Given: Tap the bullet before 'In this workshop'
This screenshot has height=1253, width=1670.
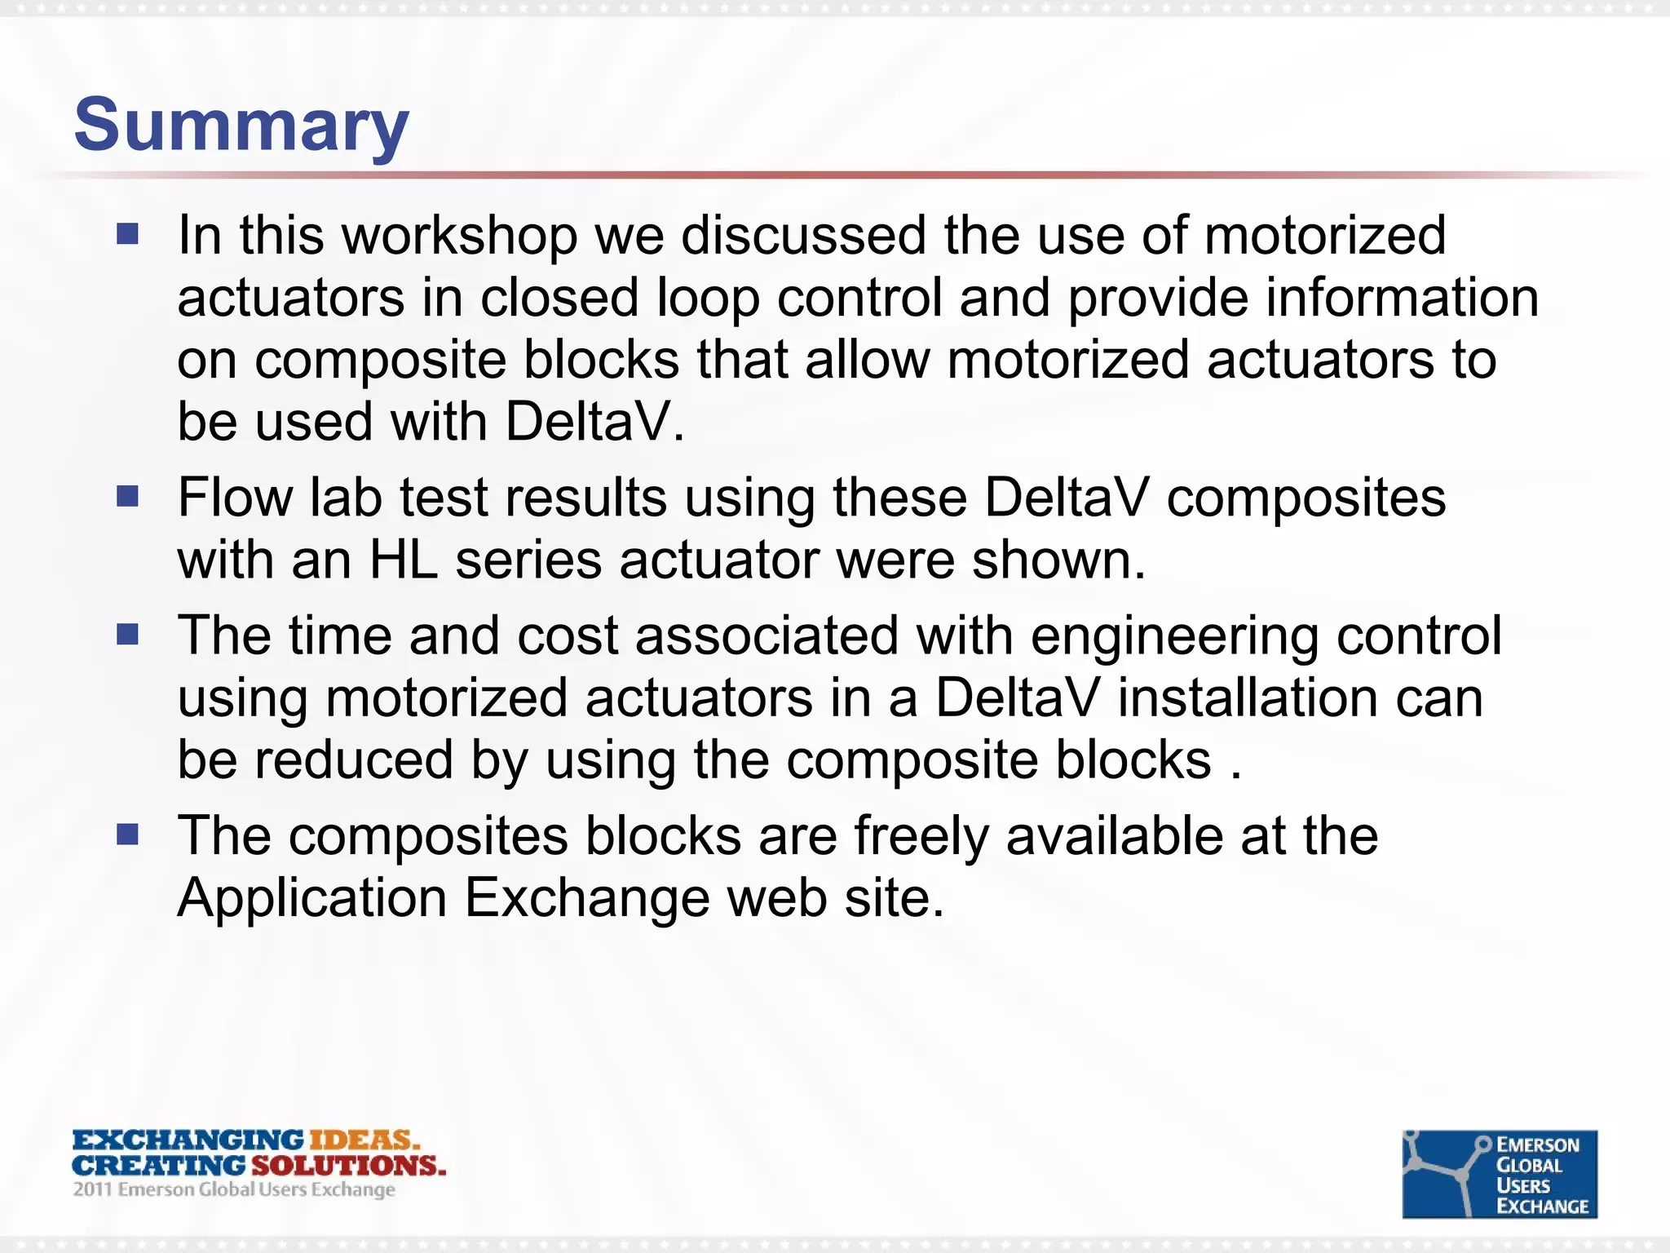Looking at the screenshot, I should (128, 235).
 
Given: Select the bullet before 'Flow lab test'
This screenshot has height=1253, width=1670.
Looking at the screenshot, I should (128, 496).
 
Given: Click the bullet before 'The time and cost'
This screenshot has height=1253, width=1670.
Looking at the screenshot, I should (128, 635).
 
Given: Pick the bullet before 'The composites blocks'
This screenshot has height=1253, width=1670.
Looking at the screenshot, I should (128, 835).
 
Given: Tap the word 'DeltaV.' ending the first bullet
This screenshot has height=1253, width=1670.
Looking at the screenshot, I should (594, 423).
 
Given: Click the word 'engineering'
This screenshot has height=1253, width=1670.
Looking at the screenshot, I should (1174, 636).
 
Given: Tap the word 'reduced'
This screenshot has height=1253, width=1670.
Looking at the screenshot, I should (353, 760).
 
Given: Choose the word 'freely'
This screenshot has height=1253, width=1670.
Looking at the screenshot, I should (921, 836).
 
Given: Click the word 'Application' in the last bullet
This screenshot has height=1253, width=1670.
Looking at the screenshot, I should (311, 898).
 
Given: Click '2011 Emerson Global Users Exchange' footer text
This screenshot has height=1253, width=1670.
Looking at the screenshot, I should (234, 1189).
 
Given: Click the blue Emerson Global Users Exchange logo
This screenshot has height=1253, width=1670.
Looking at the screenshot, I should (1499, 1174).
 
